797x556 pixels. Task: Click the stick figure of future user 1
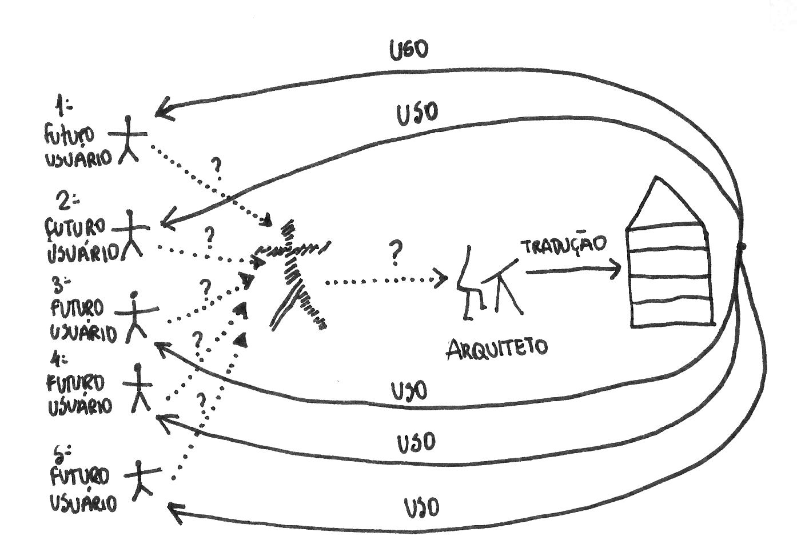pos(128,139)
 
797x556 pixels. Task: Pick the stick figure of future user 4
pos(139,387)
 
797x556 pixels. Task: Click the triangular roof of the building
pos(663,203)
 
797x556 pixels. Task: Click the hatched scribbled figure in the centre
pos(294,269)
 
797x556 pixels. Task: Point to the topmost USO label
pos(409,50)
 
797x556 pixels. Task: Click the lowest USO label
pos(422,507)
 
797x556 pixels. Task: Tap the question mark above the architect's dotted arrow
pos(395,253)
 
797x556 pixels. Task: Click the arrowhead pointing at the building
pos(616,268)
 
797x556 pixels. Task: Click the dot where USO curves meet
pos(742,247)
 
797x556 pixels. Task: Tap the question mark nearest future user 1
pos(217,166)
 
